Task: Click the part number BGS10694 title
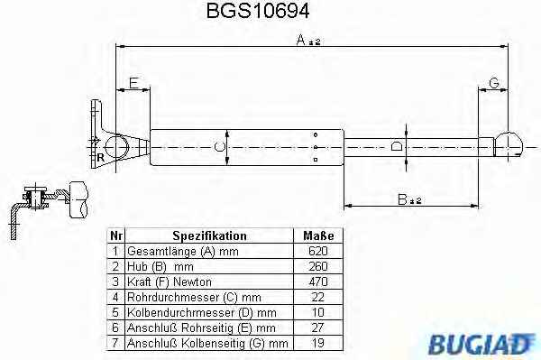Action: (258, 11)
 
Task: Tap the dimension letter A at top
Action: (301, 40)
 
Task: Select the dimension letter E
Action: (133, 83)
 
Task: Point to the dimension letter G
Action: (494, 83)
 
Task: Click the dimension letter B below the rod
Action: (402, 199)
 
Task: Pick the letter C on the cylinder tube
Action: (219, 147)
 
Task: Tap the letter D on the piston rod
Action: (397, 147)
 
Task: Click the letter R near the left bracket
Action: (100, 158)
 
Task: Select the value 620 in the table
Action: (317, 251)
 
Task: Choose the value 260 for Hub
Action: (317, 266)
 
